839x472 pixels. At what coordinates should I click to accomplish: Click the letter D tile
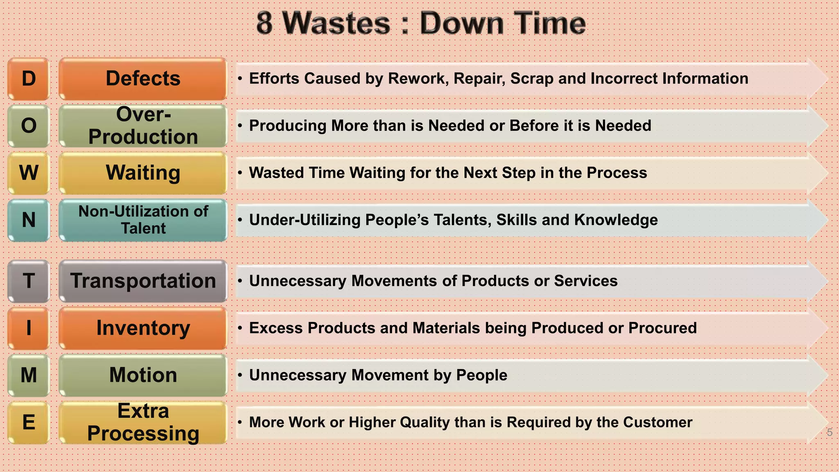pos(29,79)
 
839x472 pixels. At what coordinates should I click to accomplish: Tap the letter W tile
pos(29,173)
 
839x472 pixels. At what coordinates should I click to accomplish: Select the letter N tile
pos(29,220)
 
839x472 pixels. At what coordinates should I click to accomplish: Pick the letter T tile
pos(29,281)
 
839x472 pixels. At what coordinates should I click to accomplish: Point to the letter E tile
pos(29,422)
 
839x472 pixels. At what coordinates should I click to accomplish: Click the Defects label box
pos(143,79)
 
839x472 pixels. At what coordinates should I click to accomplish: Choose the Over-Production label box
pos(143,126)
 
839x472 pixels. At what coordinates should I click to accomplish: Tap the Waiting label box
pos(143,173)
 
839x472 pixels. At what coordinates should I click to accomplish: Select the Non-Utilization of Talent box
pos(143,220)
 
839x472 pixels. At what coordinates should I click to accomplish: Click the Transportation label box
pos(143,281)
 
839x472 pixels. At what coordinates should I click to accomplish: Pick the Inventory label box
pos(143,328)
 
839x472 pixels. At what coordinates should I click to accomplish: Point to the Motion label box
pos(143,375)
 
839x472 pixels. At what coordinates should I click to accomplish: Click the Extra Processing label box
pos(143,422)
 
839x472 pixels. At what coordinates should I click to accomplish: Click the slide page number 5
pos(830,432)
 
